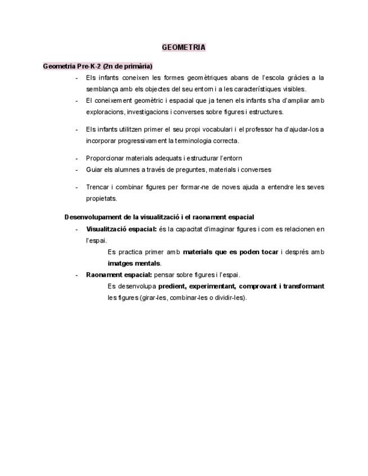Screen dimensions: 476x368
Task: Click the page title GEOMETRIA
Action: pos(184,48)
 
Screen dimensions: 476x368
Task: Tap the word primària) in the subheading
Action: pos(135,66)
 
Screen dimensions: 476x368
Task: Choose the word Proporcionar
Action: pos(106,158)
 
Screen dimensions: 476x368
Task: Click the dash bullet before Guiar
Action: pos(76,170)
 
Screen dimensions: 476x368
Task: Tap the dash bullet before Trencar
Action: pos(76,187)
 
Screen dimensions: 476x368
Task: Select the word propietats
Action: pos(102,198)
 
